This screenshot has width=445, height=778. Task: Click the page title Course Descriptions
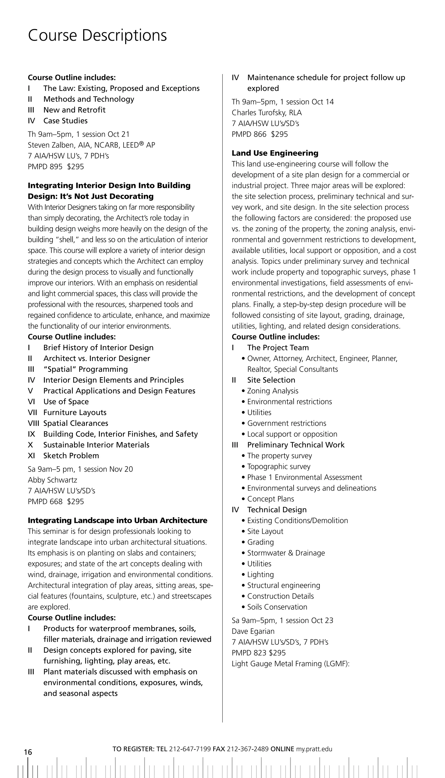tap(97, 35)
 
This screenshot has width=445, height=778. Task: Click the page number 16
tap(28, 752)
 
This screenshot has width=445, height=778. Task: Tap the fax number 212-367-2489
tap(248, 749)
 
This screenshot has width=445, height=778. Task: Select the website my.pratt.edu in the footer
tap(314, 749)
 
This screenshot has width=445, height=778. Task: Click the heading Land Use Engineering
tap(275, 153)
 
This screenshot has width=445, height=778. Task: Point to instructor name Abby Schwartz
tap(52, 480)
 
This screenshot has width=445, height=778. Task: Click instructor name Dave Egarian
tap(253, 631)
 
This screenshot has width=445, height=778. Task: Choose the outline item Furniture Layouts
tap(75, 412)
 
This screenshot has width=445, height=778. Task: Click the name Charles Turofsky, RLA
tap(267, 113)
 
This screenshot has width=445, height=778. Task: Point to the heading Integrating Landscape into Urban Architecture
tap(117, 520)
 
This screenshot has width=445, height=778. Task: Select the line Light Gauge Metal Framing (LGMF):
tap(290, 664)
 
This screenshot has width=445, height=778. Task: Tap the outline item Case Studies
tap(65, 121)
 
